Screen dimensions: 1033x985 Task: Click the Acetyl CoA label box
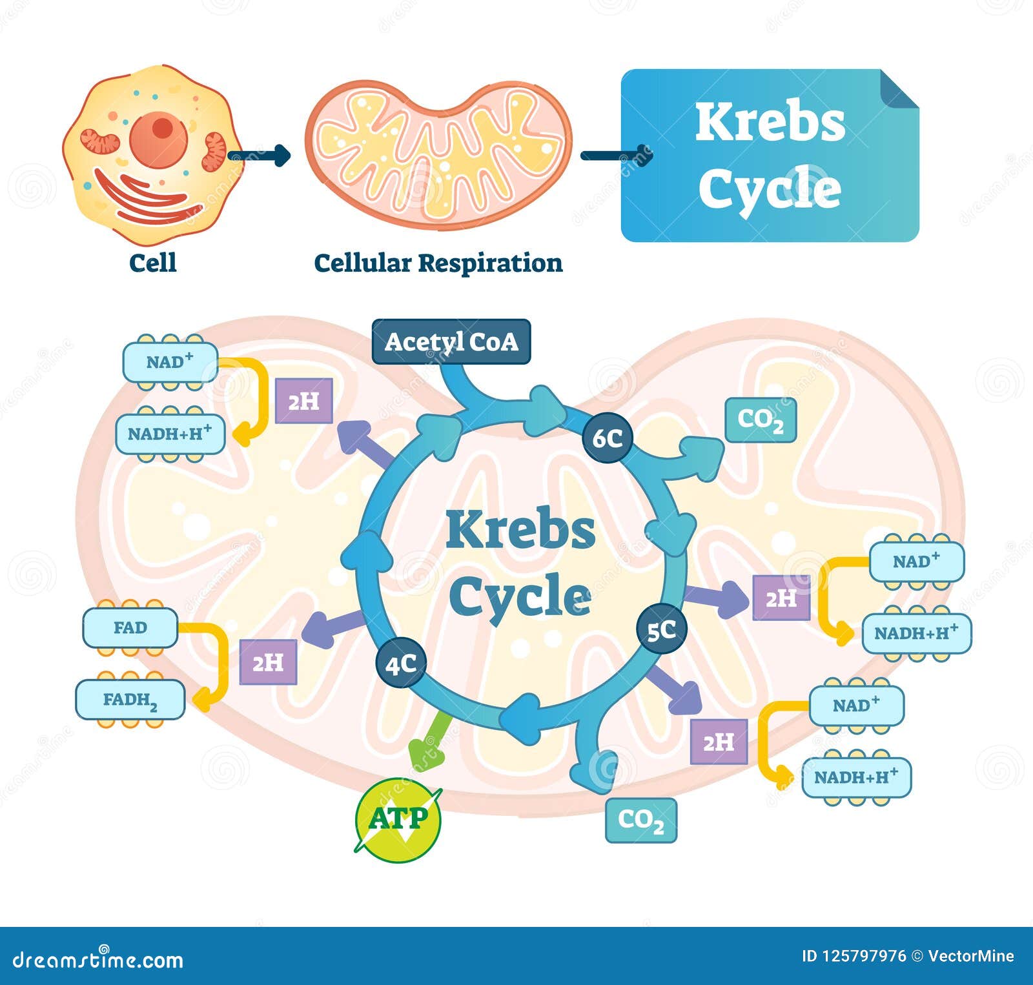[x=451, y=341]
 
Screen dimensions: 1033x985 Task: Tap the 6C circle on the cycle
[x=608, y=438]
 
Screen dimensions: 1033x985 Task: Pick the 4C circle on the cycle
[x=401, y=664]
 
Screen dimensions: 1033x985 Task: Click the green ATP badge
[x=398, y=820]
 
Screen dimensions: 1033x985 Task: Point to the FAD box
[x=130, y=627]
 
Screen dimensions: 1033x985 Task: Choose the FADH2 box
[x=130, y=700]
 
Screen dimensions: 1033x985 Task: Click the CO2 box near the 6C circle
[x=761, y=420]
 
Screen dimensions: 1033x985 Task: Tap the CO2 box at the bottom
[x=641, y=820]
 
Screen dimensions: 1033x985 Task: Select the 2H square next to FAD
[x=268, y=662]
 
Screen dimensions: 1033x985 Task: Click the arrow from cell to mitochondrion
[x=259, y=155]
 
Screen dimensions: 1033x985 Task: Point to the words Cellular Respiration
[x=438, y=263]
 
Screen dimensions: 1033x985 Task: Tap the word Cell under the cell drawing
[x=153, y=263]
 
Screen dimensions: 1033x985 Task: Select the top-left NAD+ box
[x=170, y=362]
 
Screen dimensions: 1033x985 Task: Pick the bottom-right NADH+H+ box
[x=856, y=777]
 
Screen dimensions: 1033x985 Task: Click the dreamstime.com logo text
[x=98, y=960]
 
